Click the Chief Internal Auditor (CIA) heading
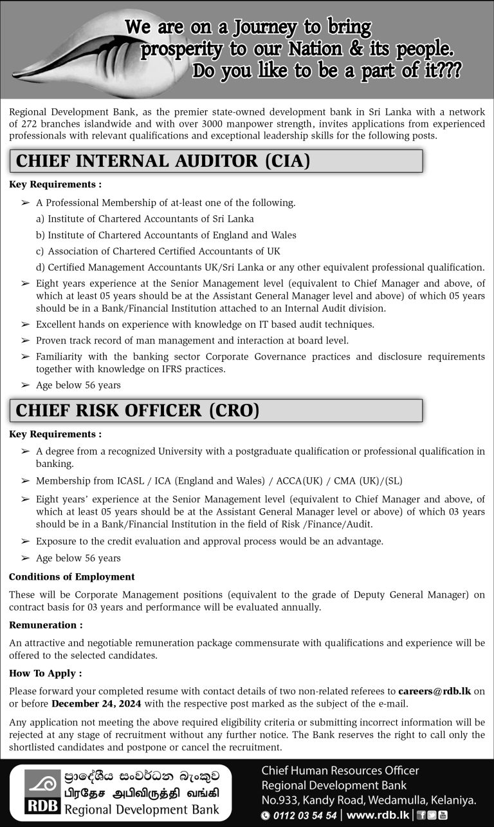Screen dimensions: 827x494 [163, 160]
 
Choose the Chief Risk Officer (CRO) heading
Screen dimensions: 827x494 [137, 410]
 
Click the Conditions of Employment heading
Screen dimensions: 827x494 [72, 577]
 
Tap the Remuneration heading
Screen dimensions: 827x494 [46, 625]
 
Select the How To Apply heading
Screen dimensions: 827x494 [46, 674]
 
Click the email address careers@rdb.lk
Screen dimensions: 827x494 [434, 692]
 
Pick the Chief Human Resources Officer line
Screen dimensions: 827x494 [340, 770]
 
